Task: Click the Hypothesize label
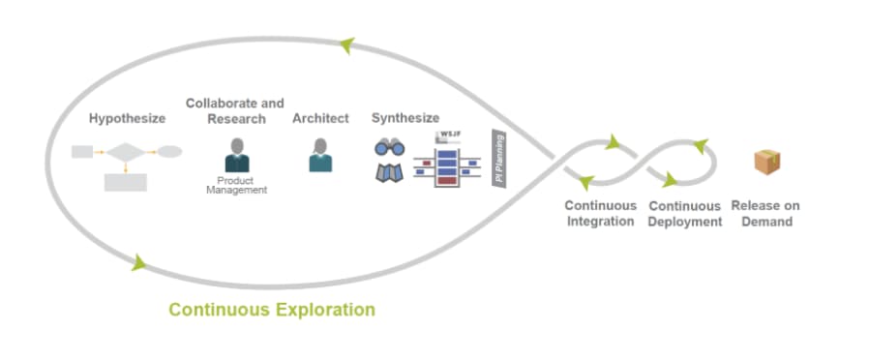127,119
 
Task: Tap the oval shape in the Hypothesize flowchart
169,152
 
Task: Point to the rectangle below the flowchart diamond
125,181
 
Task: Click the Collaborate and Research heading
234,111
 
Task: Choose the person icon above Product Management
236,156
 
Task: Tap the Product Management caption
236,185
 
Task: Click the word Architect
320,119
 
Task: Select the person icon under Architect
320,156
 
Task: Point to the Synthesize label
405,119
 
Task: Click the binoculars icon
389,148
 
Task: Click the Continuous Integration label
600,213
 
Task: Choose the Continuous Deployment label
685,213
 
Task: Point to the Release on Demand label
764,213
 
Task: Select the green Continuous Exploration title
271,310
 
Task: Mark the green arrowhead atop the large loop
346,45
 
